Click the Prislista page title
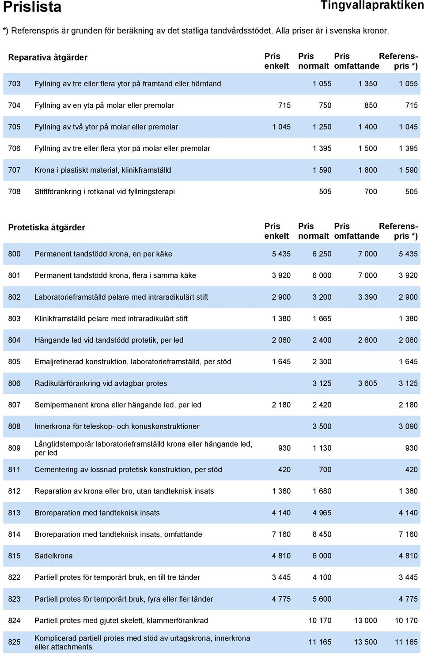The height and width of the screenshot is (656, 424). pos(32,7)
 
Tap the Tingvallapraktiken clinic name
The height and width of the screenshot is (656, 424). pos(372,5)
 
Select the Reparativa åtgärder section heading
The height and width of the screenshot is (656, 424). pos(48,57)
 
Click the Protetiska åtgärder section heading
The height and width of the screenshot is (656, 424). pos(46,227)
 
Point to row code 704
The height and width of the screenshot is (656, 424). pos(15,105)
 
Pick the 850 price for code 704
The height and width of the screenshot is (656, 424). pos(371,105)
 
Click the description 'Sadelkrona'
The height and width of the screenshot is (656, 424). pos(53,555)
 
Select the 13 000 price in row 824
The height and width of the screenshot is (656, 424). pos(365,620)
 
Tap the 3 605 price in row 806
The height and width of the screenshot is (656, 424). pos(367,383)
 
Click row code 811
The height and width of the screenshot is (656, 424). pos(15,469)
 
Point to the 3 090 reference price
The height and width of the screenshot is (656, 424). pos(408,426)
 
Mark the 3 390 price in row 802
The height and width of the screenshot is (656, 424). pos(367,297)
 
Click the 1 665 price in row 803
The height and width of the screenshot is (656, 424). pos(322,318)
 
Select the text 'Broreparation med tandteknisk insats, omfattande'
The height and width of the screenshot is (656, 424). pos(118,534)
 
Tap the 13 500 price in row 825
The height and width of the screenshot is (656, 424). pos(365,642)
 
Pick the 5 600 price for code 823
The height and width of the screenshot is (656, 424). pos(322,599)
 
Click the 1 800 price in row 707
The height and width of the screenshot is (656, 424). pos(367,170)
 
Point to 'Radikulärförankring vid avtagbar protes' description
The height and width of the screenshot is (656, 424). pos(101,383)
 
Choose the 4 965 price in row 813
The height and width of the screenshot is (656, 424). pos(322,513)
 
